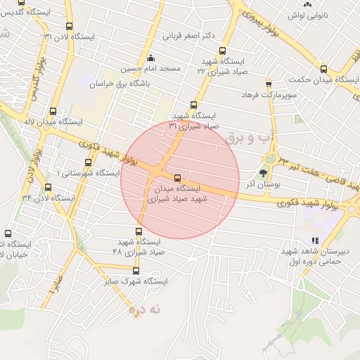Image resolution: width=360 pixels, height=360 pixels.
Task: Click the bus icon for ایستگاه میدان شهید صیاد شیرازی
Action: point(176,177)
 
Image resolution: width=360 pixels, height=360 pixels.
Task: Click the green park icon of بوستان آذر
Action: point(264,172)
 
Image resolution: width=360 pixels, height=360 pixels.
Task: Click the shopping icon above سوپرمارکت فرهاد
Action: point(268,83)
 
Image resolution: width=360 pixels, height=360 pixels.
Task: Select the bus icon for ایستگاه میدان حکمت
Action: point(323,69)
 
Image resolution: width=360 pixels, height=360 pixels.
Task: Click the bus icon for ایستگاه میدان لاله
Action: point(53,111)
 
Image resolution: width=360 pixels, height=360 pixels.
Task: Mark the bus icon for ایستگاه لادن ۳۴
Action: point(48,187)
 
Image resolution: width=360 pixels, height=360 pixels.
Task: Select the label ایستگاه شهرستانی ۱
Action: point(87,173)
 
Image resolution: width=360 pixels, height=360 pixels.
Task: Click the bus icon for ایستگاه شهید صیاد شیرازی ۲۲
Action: point(223,51)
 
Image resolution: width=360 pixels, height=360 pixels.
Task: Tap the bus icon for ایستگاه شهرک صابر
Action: point(136,271)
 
